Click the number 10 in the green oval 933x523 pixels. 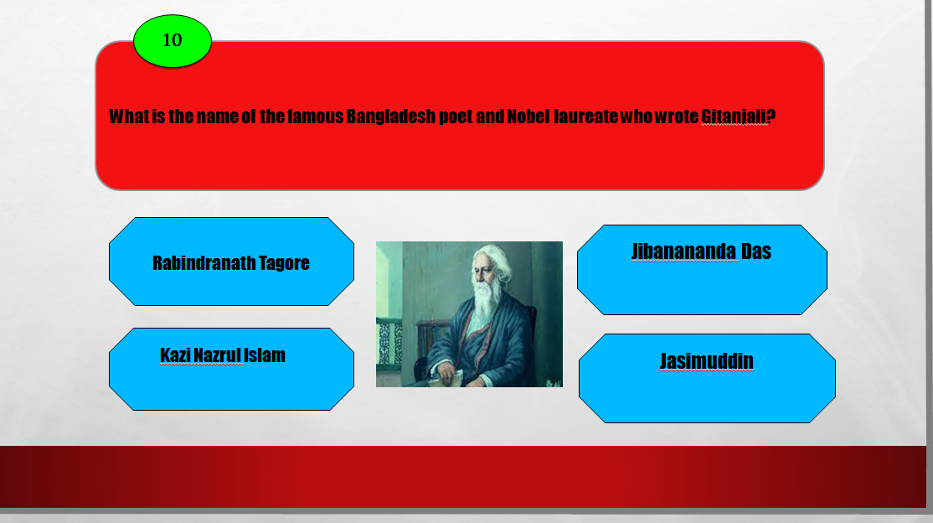[172, 40]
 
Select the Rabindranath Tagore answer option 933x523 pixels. [231, 261]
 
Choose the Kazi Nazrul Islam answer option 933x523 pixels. [231, 370]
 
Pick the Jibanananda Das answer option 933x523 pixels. [702, 270]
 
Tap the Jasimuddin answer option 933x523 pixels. [707, 378]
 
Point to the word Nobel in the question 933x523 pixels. [528, 117]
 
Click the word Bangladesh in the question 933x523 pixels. [391, 117]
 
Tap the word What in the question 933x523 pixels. [128, 117]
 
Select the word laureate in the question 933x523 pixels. [585, 117]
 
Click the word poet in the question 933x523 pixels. [456, 117]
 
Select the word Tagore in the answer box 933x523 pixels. [284, 263]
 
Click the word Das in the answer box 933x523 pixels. [755, 251]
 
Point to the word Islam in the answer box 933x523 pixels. [264, 355]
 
